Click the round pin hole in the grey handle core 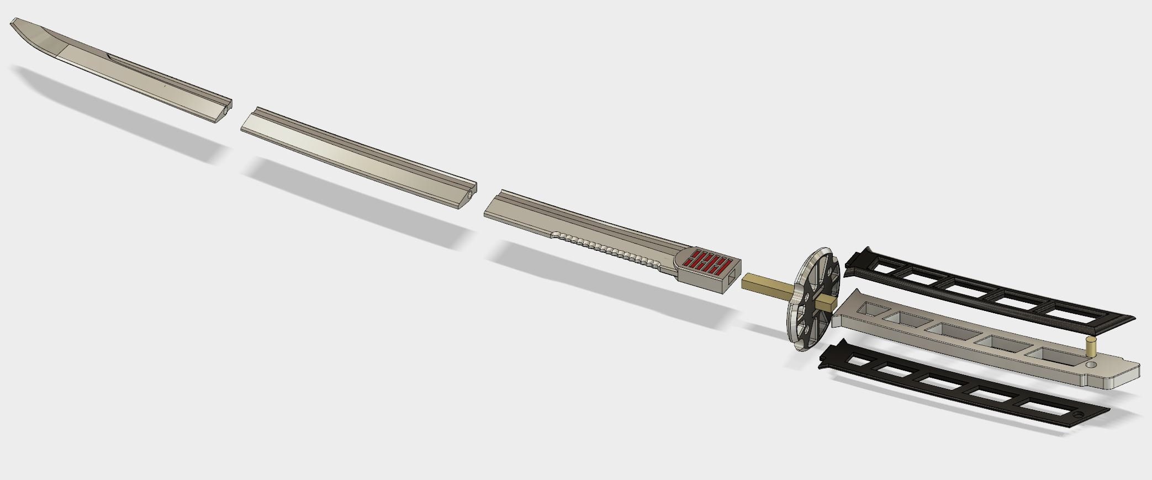(x=1091, y=365)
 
